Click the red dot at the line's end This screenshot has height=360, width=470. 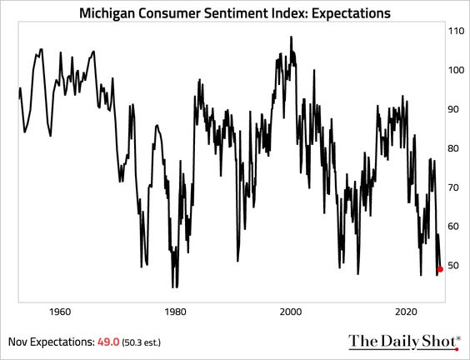[440, 269]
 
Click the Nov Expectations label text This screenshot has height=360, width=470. [48, 342]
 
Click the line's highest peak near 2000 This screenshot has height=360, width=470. [291, 37]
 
